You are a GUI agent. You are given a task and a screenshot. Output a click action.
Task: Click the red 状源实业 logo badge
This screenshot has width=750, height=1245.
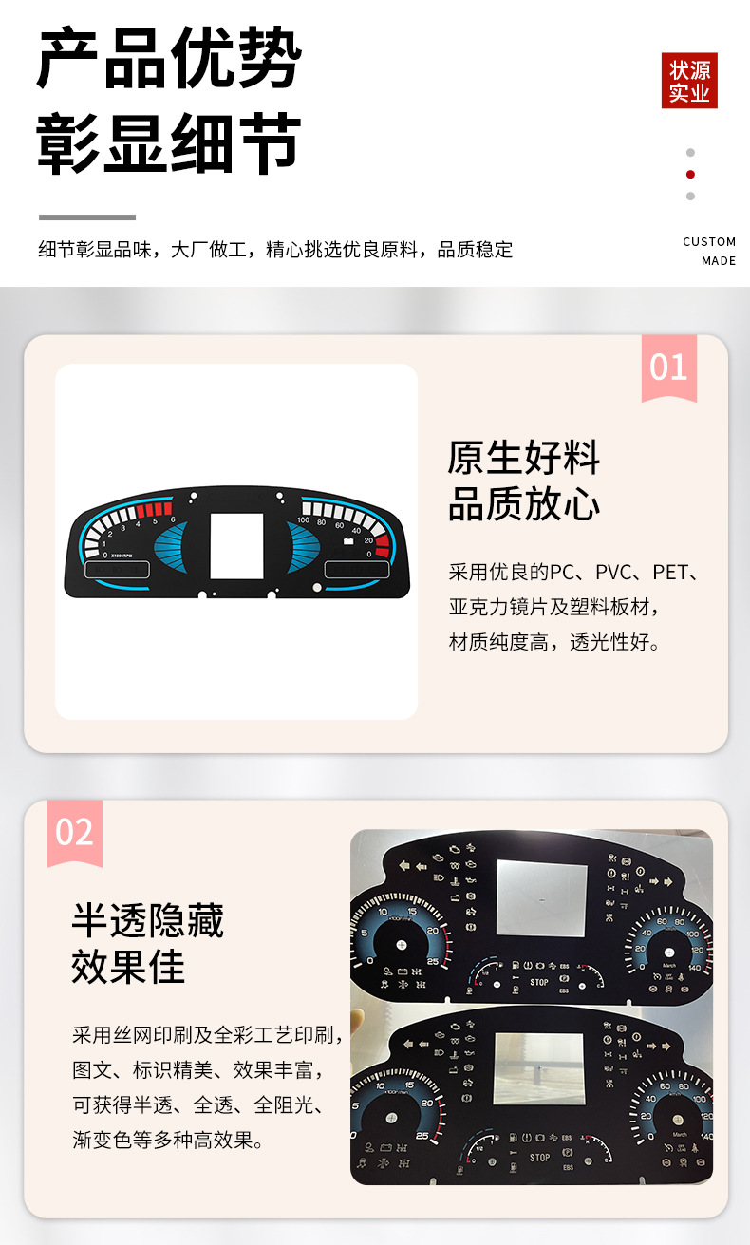click(689, 81)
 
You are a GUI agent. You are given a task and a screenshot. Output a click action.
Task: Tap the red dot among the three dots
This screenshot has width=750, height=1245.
click(690, 174)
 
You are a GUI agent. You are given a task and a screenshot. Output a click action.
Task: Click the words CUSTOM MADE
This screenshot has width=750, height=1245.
click(709, 251)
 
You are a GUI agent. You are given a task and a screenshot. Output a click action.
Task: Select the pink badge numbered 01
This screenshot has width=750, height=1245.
click(668, 367)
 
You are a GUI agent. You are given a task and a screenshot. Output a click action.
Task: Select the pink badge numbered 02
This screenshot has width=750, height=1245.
click(74, 832)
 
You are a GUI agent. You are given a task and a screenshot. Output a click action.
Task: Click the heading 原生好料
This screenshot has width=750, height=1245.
click(524, 458)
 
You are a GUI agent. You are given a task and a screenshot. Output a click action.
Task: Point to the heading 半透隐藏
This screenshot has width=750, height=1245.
click(148, 921)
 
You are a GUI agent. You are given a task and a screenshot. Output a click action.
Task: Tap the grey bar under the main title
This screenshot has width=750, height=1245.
click(87, 217)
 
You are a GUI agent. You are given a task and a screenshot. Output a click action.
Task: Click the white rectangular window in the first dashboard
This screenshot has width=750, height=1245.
click(236, 546)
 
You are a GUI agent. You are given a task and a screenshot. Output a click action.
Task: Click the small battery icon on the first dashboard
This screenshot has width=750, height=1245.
click(348, 540)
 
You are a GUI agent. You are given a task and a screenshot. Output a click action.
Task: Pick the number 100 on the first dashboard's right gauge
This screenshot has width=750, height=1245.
click(303, 520)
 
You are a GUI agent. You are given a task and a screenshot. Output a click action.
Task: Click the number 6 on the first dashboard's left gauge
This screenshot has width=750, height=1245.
click(172, 519)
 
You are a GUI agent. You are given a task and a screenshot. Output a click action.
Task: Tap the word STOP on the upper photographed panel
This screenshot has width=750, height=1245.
click(539, 982)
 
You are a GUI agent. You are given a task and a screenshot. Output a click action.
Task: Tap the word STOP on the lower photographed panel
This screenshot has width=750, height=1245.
click(539, 1158)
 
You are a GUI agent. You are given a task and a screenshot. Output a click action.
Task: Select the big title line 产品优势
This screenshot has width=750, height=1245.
click(169, 59)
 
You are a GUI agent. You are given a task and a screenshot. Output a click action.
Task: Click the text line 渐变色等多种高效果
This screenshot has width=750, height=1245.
click(168, 1140)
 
